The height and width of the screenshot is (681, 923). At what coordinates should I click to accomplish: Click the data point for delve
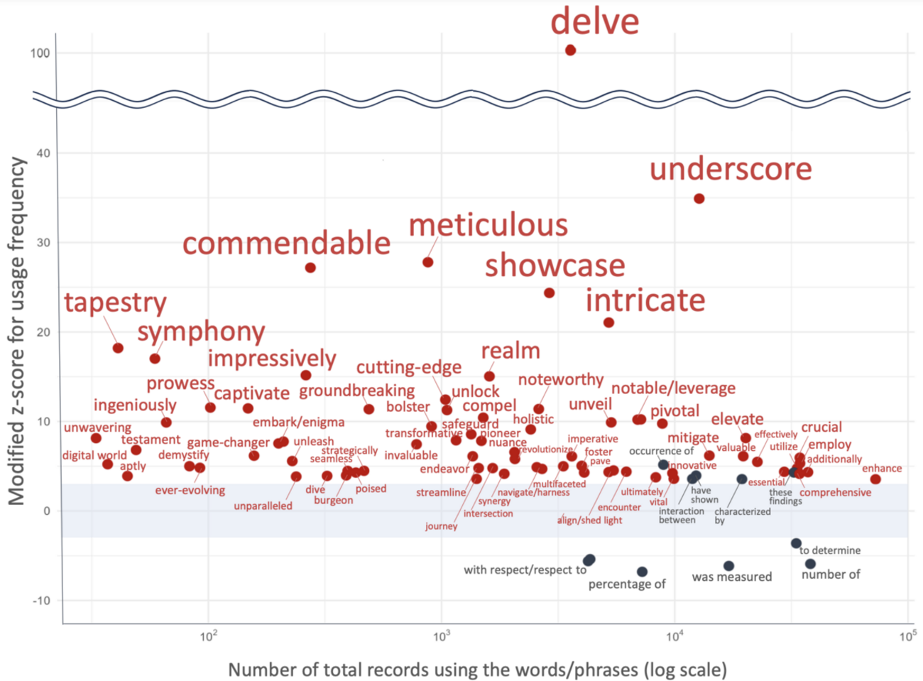570,50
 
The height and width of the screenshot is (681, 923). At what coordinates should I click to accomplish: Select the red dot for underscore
699,199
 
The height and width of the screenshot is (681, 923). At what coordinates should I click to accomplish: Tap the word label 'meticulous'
488,226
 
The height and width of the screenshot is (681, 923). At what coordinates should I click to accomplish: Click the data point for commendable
310,268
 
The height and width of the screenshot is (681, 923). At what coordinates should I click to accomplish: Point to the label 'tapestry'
115,303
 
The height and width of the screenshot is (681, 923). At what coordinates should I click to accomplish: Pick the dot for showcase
549,293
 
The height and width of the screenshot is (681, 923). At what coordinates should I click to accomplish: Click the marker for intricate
608,322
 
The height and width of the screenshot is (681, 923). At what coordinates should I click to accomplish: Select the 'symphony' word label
201,332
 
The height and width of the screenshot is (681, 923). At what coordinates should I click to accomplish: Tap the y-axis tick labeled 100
40,53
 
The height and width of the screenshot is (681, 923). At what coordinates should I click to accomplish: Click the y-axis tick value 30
44,243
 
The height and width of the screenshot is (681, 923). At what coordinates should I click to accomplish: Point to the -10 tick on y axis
41,601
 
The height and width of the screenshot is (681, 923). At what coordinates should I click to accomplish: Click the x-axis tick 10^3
442,636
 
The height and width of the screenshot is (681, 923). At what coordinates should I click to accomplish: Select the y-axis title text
17,331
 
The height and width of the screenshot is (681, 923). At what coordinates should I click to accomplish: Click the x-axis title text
477,670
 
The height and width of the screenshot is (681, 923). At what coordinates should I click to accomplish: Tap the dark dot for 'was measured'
728,566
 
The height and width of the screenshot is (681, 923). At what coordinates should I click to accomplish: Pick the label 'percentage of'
627,584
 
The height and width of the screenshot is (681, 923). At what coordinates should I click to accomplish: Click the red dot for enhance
875,479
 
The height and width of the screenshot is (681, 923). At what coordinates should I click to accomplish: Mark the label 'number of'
830,574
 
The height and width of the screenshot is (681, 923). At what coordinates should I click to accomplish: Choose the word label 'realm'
510,351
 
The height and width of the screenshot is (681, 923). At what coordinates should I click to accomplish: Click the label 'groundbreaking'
356,391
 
